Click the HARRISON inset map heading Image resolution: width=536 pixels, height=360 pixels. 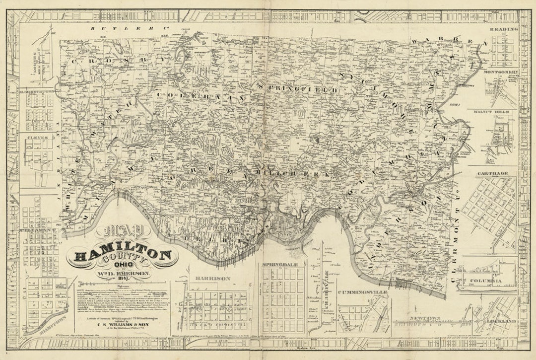point(213,279)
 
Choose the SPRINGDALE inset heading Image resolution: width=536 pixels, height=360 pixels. point(281,265)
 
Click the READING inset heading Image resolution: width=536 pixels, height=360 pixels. point(503,29)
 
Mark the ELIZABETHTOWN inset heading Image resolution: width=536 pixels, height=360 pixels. point(38,92)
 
